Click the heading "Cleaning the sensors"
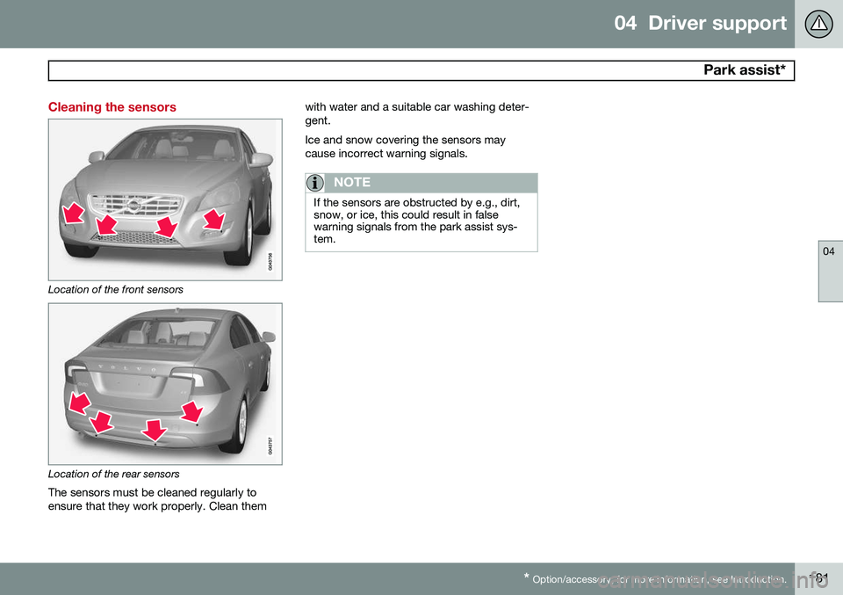click(x=112, y=107)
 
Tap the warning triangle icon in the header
click(x=818, y=24)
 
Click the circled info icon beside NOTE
click(x=315, y=183)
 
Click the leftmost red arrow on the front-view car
click(x=72, y=214)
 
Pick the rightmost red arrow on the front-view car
click(x=213, y=218)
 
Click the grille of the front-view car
click(x=132, y=212)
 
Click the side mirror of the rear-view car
click(x=267, y=337)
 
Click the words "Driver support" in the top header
click(x=717, y=24)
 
